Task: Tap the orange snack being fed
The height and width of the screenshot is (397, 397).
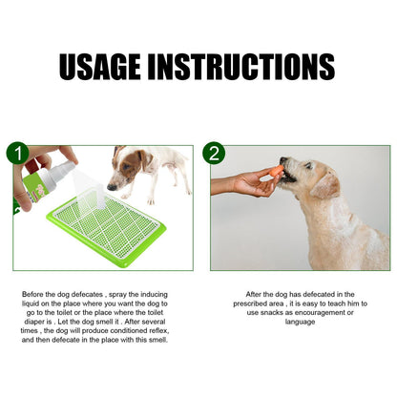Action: click(x=277, y=172)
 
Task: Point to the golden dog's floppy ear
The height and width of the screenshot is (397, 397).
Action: click(x=325, y=181)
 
